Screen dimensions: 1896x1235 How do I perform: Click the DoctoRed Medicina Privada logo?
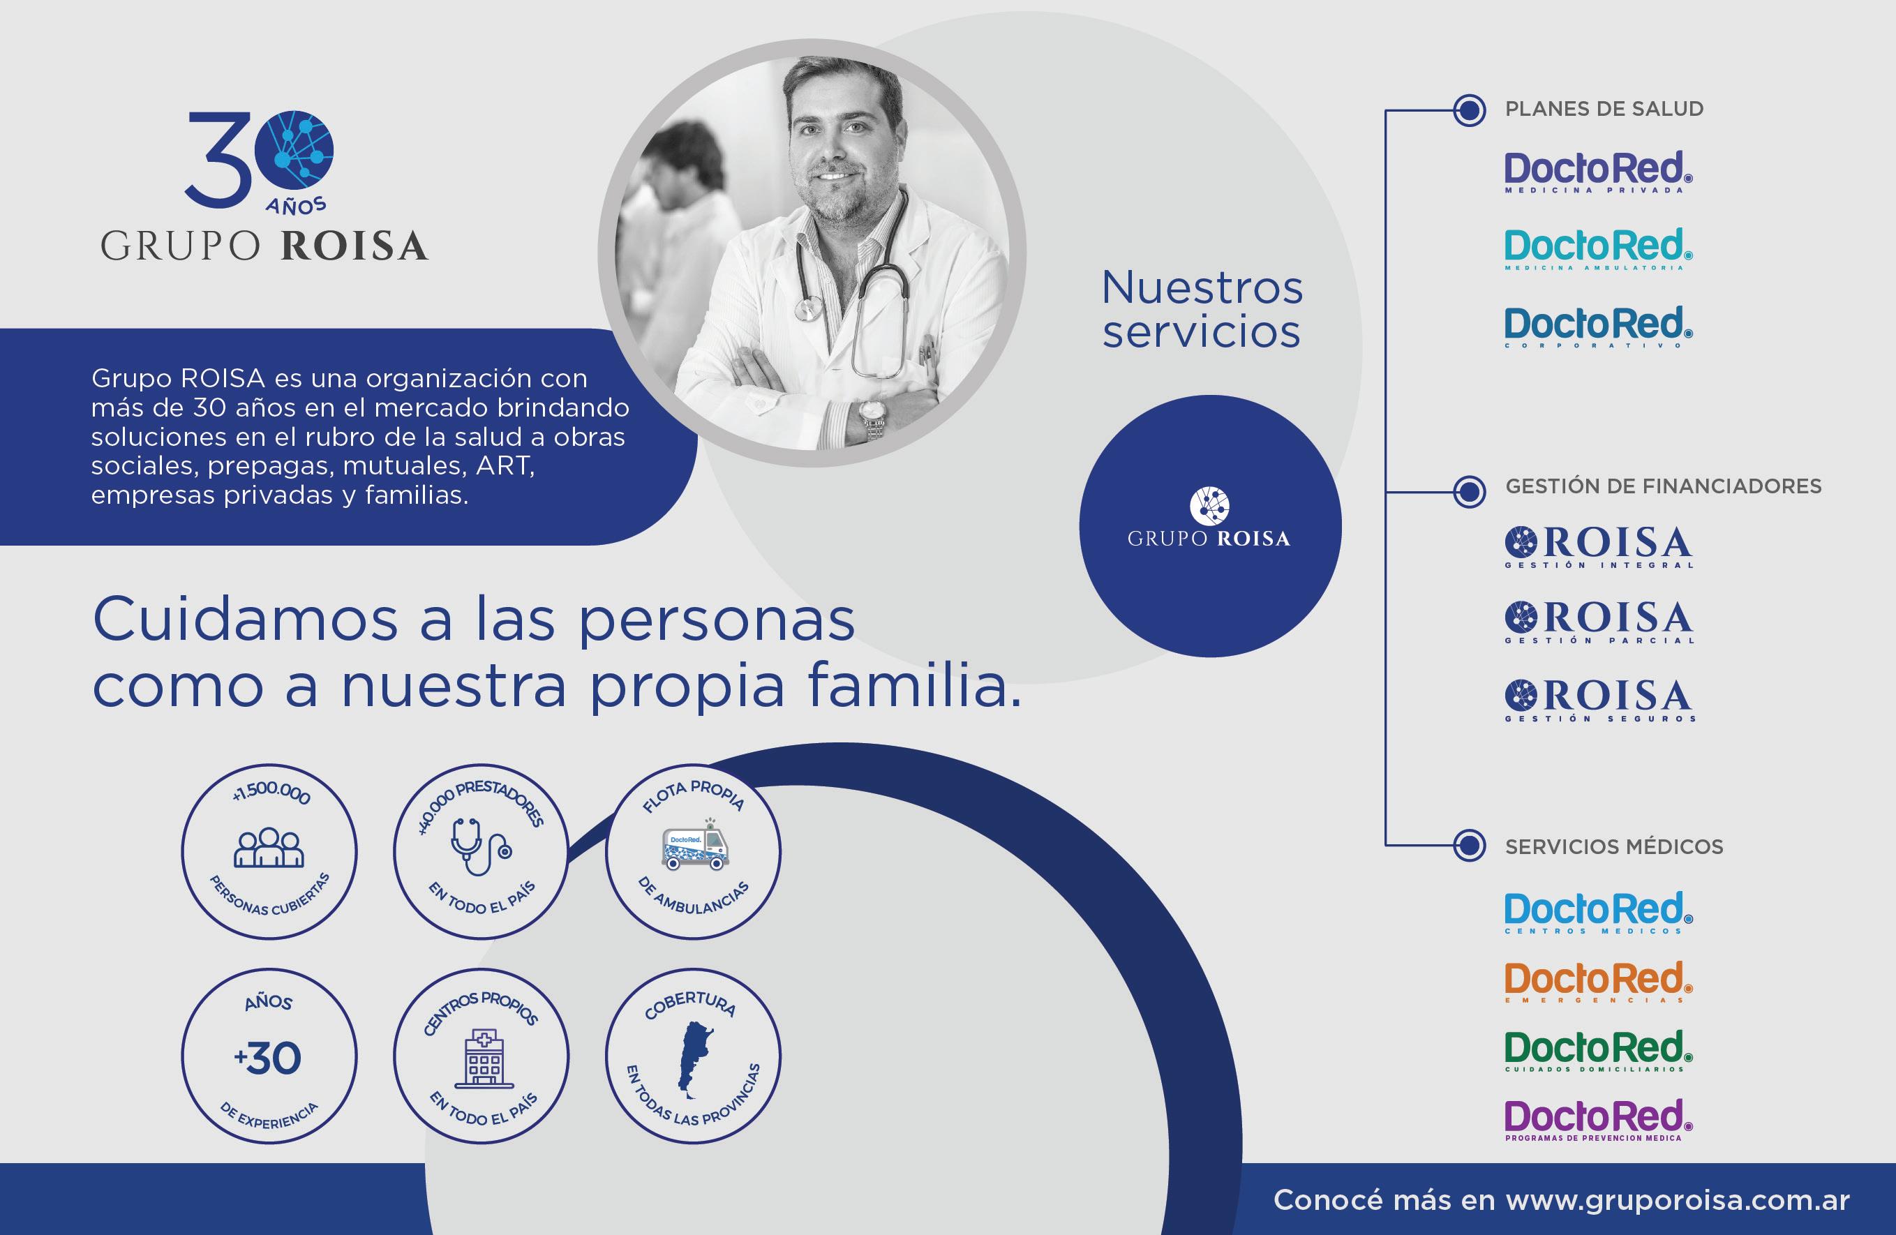[x=1598, y=172]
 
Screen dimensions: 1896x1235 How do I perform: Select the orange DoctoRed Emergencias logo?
[x=1598, y=982]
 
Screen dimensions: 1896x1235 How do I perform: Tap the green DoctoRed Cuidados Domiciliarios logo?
[x=1598, y=1051]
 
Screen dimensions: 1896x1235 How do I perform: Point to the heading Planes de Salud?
[x=1604, y=109]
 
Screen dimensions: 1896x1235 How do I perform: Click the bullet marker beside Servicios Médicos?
[x=1469, y=846]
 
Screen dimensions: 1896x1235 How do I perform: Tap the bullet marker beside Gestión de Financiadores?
[x=1469, y=492]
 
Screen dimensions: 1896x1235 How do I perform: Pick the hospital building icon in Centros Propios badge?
[x=483, y=1058]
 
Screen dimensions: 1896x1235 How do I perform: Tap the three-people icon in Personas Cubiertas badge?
[x=269, y=848]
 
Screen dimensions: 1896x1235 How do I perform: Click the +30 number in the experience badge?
[x=268, y=1058]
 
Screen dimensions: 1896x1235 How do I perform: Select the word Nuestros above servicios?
[x=1202, y=287]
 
